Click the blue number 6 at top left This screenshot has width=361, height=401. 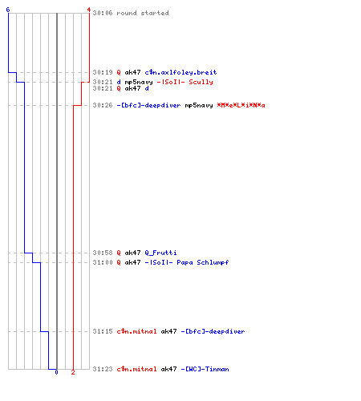coord(8,10)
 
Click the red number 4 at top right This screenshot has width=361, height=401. coord(89,10)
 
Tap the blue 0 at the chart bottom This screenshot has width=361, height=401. coord(56,372)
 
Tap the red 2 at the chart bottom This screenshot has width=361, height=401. coord(73,372)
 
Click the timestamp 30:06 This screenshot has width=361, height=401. coord(103,13)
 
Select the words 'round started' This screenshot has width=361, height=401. coord(143,13)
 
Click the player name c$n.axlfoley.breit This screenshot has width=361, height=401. coord(180,72)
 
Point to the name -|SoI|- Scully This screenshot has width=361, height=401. coord(185,82)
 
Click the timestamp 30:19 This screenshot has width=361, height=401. coord(103,72)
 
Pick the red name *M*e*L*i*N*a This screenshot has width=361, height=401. coord(241,105)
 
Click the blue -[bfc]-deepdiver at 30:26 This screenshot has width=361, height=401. coord(148,105)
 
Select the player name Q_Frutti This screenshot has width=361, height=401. coord(160,253)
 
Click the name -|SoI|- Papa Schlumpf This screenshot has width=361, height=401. coord(187,262)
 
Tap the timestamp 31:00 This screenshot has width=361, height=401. coord(103,262)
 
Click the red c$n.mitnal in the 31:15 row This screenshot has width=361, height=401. coord(136,331)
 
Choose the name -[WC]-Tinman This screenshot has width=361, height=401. coord(205,369)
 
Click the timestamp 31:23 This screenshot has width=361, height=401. coord(103,369)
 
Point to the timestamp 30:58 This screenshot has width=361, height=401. coord(103,253)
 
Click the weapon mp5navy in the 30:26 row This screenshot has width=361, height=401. coord(199,106)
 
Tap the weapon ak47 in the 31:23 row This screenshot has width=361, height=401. coord(168,369)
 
